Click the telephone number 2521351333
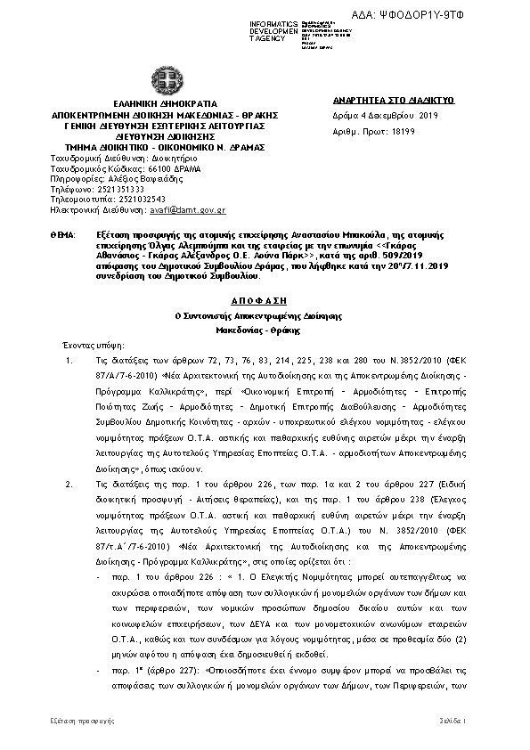click(x=120, y=189)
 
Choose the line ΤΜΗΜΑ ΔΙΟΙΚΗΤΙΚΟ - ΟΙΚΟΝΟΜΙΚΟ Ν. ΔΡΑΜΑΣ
click(x=166, y=145)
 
